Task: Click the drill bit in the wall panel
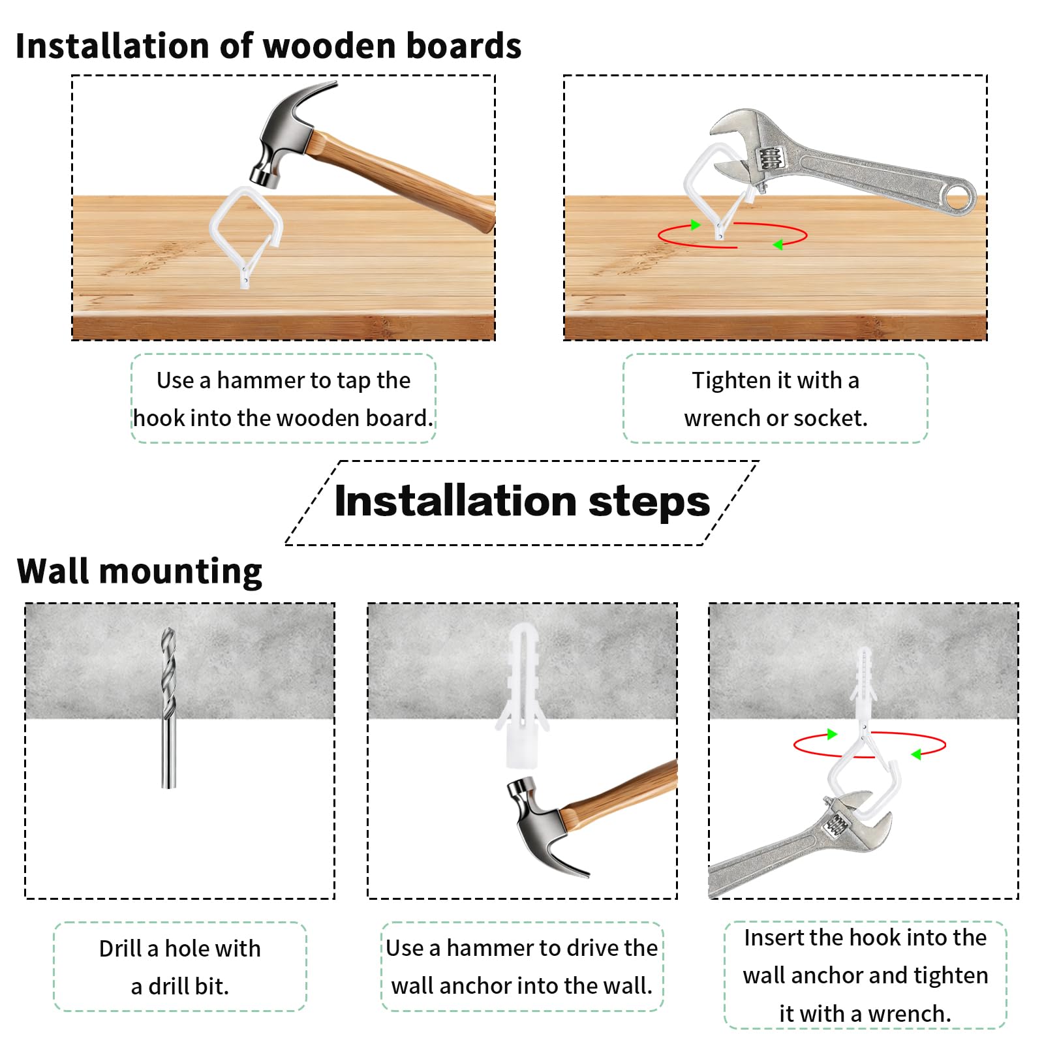169,708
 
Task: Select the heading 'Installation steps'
522,501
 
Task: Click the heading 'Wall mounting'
140,572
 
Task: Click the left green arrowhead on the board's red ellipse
696,225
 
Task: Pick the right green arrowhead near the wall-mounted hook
916,754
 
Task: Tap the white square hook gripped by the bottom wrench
865,770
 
